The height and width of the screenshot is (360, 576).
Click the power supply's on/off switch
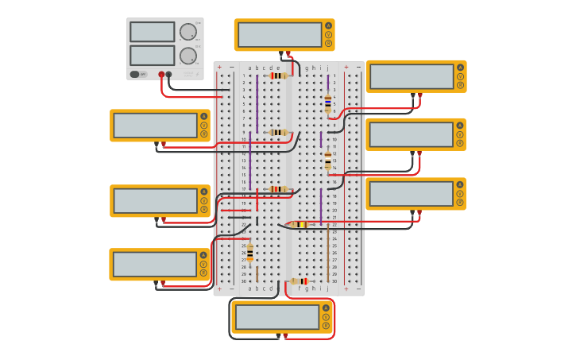point(135,74)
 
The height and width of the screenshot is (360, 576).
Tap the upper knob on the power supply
point(187,32)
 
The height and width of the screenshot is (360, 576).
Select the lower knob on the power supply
point(187,56)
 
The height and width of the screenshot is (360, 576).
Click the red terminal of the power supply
point(161,75)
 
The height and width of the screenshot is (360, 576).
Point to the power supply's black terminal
point(168,75)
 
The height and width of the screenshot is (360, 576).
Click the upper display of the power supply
point(152,32)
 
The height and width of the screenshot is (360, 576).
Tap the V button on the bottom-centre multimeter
point(326,316)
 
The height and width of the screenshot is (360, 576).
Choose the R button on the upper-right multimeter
point(460,86)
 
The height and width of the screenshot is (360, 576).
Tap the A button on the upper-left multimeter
point(204,116)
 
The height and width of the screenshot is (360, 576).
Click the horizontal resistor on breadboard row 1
point(278,75)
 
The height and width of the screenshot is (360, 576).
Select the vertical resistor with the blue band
point(327,103)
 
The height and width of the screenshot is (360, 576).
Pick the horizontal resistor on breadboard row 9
point(278,133)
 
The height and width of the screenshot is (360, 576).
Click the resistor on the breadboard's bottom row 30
point(300,281)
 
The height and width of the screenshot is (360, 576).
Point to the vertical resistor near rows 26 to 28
point(249,253)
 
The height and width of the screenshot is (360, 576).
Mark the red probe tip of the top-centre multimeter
point(288,54)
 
